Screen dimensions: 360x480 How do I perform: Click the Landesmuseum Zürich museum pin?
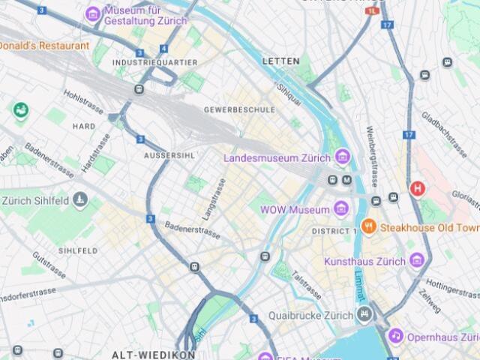(x=343, y=157)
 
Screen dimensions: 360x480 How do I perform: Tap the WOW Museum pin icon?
(x=341, y=209)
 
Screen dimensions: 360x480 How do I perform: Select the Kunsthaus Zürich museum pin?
(x=418, y=260)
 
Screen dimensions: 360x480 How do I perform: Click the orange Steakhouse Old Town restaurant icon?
(x=368, y=226)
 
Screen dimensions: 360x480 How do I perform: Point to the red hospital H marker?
(x=417, y=187)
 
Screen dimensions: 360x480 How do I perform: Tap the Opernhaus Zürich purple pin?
(x=395, y=337)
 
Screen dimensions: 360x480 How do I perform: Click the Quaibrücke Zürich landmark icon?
(x=364, y=314)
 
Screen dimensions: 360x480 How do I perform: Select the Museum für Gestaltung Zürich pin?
(x=93, y=13)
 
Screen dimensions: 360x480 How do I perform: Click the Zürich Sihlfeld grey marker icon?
(x=81, y=199)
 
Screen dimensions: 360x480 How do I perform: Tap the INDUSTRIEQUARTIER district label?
(x=155, y=62)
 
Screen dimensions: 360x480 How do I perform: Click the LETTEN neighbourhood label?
(x=281, y=61)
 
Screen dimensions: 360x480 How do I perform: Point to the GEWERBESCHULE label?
(x=239, y=109)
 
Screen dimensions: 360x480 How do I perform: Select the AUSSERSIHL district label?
(x=169, y=155)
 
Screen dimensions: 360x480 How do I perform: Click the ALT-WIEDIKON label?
(x=142, y=353)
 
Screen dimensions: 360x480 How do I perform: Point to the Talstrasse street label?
(x=307, y=284)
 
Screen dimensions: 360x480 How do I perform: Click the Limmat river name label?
(x=360, y=286)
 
